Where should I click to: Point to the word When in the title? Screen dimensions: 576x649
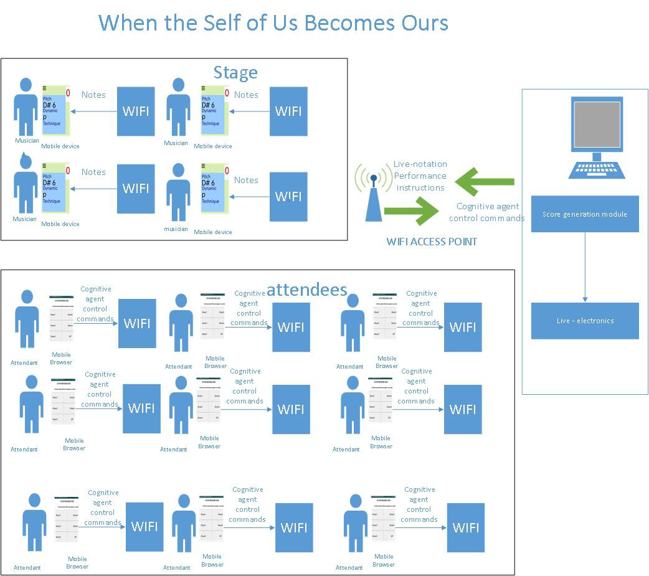(x=128, y=23)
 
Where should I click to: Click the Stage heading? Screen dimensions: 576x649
(x=235, y=73)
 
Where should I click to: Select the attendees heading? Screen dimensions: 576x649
(x=306, y=290)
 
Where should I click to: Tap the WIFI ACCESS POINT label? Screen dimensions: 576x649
(x=432, y=242)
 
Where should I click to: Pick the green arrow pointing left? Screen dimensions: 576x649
(x=485, y=182)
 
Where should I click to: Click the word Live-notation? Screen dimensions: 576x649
(x=420, y=164)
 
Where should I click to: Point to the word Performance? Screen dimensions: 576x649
(x=420, y=176)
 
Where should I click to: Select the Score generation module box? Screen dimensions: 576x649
(x=585, y=214)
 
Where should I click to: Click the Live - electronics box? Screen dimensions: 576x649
(x=585, y=321)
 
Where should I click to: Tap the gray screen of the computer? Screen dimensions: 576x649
(x=597, y=124)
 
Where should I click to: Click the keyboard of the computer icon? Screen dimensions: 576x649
(x=596, y=169)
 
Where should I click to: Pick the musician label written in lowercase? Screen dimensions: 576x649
(x=176, y=229)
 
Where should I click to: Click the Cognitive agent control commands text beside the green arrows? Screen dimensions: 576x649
(x=488, y=212)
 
